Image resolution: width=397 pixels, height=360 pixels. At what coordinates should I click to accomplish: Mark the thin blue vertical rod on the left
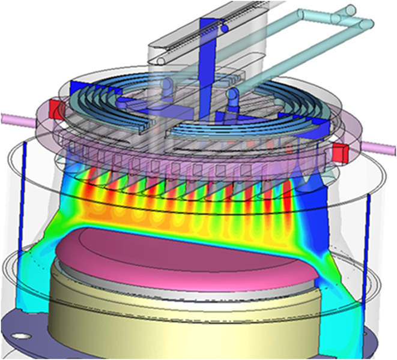tap(23, 198)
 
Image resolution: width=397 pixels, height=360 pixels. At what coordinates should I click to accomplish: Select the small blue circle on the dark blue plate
tap(224, 28)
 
